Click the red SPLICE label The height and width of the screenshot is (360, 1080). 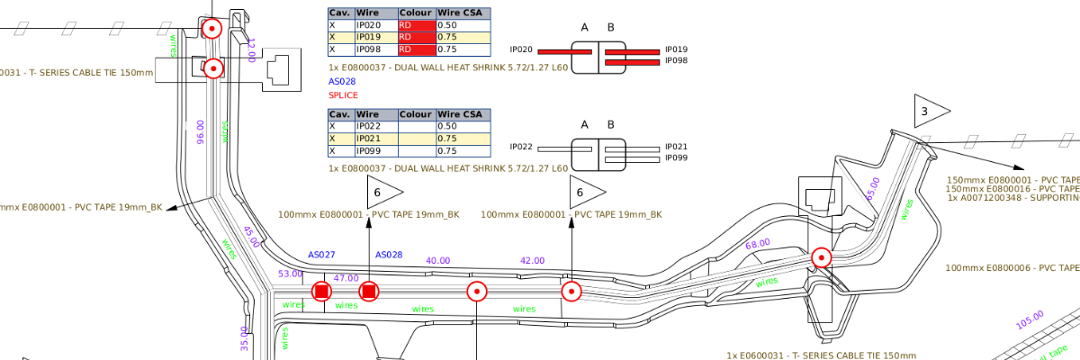343,95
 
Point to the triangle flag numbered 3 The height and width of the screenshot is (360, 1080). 929,111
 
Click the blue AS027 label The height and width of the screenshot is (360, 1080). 321,255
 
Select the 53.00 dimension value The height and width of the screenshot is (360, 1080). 291,274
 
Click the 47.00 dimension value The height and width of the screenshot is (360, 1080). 346,278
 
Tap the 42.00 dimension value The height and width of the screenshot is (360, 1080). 532,261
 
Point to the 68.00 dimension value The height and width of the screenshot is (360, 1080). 757,244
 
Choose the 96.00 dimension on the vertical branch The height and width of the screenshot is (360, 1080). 201,131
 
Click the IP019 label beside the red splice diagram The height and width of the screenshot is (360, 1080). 675,49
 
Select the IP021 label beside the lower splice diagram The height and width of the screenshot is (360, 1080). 675,147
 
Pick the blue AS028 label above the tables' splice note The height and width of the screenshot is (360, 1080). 342,81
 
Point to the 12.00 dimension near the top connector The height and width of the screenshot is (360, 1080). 251,50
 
